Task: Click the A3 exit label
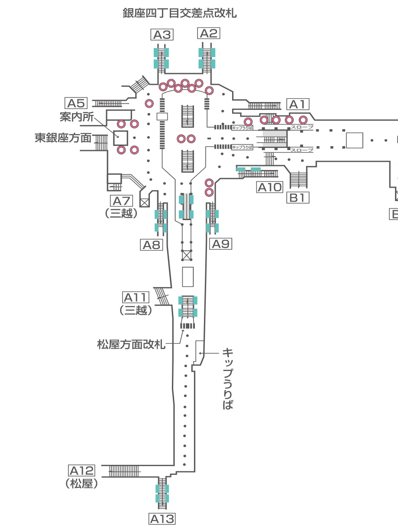coord(162,35)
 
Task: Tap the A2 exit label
coord(209,33)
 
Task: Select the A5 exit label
coord(76,103)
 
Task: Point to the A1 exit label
coord(298,104)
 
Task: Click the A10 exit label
coord(270,187)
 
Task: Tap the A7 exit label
coord(122,201)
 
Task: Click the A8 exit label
coord(151,245)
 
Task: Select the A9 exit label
coord(221,244)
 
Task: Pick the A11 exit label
coord(136,298)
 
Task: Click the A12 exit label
coord(81,470)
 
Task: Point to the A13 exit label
coord(162,519)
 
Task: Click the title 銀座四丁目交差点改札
coord(180,13)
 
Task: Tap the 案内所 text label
coord(77,117)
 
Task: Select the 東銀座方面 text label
coord(63,138)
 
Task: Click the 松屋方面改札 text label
coord(131,345)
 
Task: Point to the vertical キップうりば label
coord(228,379)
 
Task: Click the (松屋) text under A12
coord(81,483)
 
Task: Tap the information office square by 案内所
coord(121,138)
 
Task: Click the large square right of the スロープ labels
coord(354,140)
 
